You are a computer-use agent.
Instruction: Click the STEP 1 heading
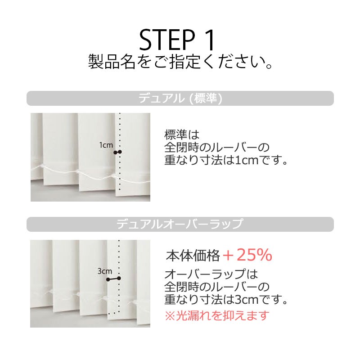pos(177,40)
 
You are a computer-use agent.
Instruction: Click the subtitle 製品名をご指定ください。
pos(180,62)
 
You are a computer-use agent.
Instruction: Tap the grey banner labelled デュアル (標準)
pos(180,98)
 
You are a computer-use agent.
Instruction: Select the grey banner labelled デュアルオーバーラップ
pos(180,224)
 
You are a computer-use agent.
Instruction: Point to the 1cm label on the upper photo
pos(106,145)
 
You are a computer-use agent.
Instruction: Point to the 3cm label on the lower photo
pos(105,271)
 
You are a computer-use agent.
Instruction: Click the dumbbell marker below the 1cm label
pos(117,152)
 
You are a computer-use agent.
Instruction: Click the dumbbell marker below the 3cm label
pos(113,279)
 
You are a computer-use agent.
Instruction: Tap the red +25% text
pos(247,255)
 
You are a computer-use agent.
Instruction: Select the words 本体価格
pos(193,256)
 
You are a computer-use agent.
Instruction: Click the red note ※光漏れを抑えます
pos(217,315)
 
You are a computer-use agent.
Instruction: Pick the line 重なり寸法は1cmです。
pos(226,160)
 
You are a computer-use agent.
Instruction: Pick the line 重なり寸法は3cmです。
pos(226,299)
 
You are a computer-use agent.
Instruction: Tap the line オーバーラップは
pos(211,274)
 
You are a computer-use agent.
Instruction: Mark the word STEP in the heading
pos(167,40)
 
